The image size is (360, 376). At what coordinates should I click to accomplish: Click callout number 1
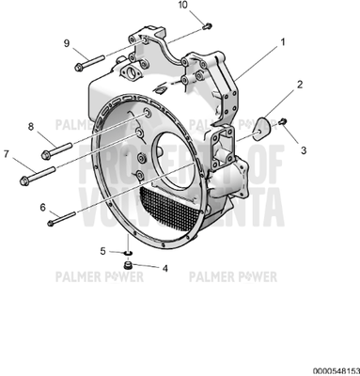[281, 43]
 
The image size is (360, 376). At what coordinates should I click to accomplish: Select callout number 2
[299, 86]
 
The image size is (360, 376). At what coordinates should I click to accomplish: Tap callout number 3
[303, 149]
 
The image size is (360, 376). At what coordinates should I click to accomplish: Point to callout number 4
[165, 268]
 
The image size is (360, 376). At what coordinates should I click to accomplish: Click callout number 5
[104, 250]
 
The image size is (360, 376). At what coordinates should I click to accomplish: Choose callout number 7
[7, 152]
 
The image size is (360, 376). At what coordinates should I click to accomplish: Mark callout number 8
[30, 126]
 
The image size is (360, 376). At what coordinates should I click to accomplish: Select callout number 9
[67, 43]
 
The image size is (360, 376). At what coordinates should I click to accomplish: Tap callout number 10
[182, 7]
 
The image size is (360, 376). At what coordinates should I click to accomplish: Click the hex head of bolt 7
[23, 179]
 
